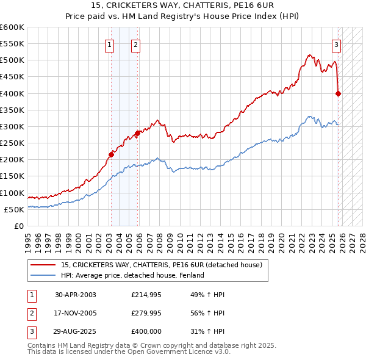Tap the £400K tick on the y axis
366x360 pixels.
tap(12, 93)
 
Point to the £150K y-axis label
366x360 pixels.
tap(12, 176)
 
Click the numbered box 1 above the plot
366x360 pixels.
tap(109, 44)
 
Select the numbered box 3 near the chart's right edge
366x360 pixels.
tap(336, 44)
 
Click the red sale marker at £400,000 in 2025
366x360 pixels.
tap(339, 93)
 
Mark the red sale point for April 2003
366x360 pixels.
tap(111, 154)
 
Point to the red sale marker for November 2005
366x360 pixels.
tap(137, 133)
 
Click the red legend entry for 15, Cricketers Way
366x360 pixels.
tap(162, 265)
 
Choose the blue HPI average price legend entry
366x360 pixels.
tap(132, 275)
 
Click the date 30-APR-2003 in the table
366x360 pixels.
tap(76, 295)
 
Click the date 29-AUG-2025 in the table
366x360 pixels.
tap(76, 331)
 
